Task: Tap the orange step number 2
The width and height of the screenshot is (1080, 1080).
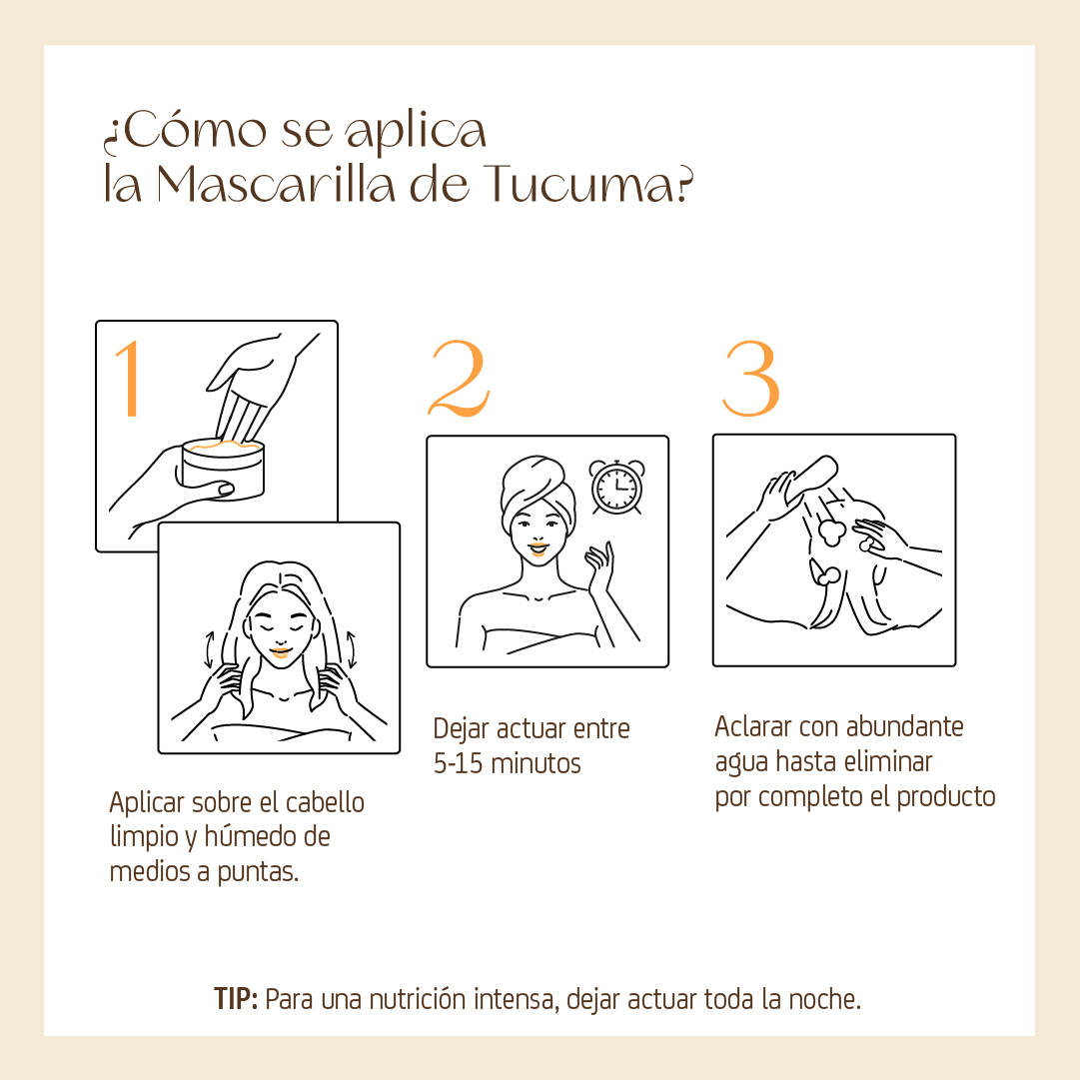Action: click(x=460, y=378)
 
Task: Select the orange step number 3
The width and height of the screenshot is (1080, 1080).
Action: click(x=750, y=378)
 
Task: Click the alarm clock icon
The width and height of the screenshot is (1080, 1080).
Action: click(x=617, y=487)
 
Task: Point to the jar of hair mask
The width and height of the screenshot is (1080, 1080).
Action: click(x=223, y=469)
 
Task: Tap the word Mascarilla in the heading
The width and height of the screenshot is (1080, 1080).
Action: click(x=277, y=185)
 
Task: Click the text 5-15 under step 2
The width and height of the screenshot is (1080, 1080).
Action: click(x=458, y=764)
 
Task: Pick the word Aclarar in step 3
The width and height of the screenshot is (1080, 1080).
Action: click(x=753, y=726)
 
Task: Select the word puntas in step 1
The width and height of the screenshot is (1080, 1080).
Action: click(x=258, y=872)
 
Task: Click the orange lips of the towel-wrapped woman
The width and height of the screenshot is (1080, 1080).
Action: click(x=538, y=549)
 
